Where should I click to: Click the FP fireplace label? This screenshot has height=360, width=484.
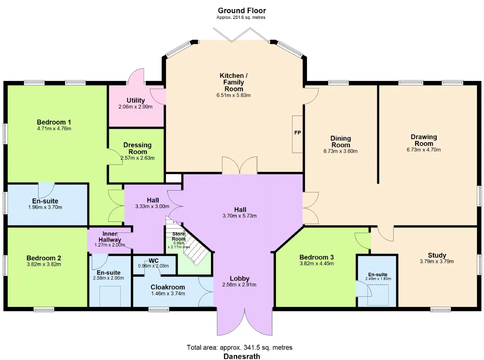click(298, 133)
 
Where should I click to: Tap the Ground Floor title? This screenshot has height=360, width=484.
click(242, 11)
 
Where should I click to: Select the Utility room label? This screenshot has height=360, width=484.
click(136, 101)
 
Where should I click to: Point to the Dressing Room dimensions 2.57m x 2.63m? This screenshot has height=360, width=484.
click(138, 158)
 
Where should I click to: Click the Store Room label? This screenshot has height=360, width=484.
click(178, 236)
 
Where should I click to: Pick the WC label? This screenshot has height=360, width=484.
click(154, 261)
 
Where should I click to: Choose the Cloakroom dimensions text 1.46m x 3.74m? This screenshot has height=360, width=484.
click(168, 293)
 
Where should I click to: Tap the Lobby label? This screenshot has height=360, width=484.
click(240, 279)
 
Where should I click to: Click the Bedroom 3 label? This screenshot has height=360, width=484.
click(316, 258)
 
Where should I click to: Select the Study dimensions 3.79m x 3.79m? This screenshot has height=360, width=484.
click(437, 261)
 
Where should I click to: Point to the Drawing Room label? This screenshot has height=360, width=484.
click(424, 140)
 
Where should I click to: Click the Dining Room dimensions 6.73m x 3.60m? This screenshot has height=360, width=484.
click(340, 151)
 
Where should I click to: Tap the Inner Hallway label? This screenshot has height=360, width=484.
click(110, 237)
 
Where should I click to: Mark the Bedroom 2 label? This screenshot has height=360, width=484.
click(43, 258)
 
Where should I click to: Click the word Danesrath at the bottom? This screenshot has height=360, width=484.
click(242, 356)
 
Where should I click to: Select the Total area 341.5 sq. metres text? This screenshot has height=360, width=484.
click(239, 348)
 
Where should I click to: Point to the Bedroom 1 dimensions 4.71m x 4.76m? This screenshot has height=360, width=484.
click(54, 128)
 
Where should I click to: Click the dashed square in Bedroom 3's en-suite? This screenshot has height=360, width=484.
click(378, 295)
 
